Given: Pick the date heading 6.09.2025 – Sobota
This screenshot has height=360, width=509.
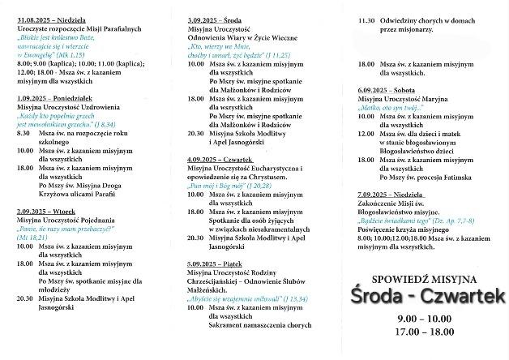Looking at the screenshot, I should [387, 90].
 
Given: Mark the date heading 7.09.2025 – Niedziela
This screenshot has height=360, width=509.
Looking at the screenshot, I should [391, 195].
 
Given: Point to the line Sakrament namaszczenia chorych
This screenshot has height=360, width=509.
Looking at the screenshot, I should [259, 325].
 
